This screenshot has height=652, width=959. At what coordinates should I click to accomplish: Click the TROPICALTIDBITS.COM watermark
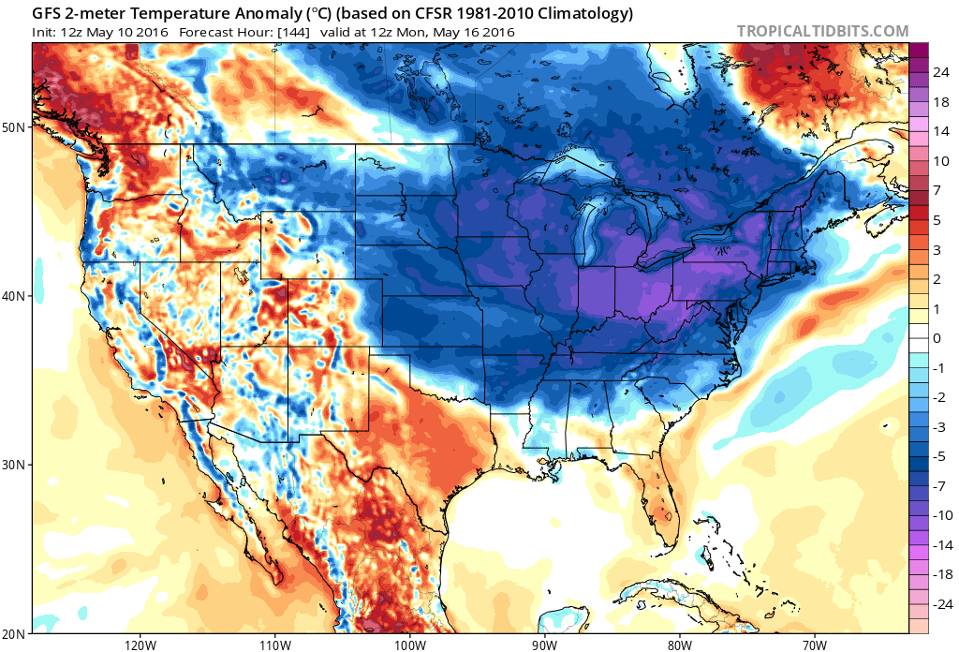click(x=822, y=31)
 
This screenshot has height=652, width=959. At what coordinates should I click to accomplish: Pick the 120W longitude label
click(x=139, y=645)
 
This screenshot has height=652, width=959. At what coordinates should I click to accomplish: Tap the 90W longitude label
click(x=544, y=645)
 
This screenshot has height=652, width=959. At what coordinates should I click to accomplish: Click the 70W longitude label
click(x=813, y=645)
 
